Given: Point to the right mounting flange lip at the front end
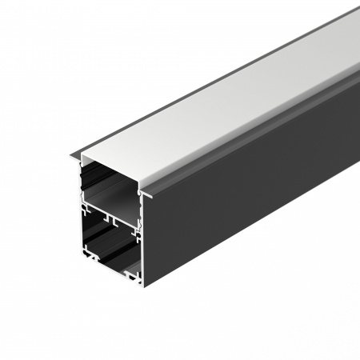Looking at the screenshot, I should coord(149,192).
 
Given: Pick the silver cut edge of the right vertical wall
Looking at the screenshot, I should coord(142,240).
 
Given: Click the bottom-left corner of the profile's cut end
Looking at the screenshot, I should coord(82,266).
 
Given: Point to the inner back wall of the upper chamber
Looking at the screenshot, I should coord(120,172).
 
